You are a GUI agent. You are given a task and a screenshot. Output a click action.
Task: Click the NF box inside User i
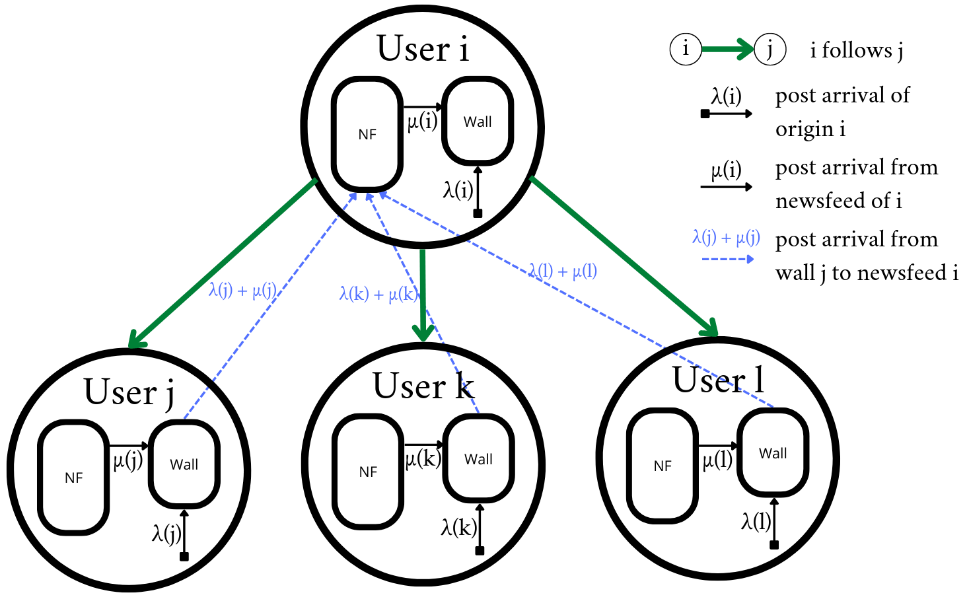pyautogui.click(x=367, y=134)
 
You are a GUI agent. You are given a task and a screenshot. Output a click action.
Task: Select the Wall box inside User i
pyautogui.click(x=478, y=122)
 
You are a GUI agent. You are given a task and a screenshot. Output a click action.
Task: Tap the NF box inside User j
pyautogui.click(x=73, y=477)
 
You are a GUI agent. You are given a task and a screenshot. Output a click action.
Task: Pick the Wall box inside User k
pyautogui.click(x=478, y=459)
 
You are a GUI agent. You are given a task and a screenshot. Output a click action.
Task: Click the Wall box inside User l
pyautogui.click(x=773, y=453)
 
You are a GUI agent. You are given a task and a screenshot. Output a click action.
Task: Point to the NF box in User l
pyautogui.click(x=663, y=466)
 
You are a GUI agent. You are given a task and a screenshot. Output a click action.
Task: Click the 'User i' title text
pyautogui.click(x=423, y=49)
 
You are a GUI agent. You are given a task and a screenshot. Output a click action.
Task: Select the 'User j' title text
pyautogui.click(x=129, y=392)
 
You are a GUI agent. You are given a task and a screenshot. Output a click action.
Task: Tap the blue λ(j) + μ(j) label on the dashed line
pyautogui.click(x=242, y=291)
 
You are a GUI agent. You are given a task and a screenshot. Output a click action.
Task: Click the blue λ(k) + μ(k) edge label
pyautogui.click(x=378, y=294)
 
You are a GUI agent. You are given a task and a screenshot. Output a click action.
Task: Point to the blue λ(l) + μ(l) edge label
pyautogui.click(x=562, y=271)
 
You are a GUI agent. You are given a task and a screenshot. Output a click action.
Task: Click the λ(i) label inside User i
pyautogui.click(x=458, y=190)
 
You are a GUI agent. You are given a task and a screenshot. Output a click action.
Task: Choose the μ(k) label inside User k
pyautogui.click(x=423, y=458)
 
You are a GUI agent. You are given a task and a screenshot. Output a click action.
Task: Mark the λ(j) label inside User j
pyautogui.click(x=166, y=532)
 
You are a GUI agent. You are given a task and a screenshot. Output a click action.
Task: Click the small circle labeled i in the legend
pyautogui.click(x=686, y=49)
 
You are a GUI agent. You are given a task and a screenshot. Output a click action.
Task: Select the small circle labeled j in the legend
pyautogui.click(x=770, y=49)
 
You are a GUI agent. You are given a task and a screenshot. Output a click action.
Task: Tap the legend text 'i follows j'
pyautogui.click(x=857, y=50)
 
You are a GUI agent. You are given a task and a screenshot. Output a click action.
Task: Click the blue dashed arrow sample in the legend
pyautogui.click(x=727, y=259)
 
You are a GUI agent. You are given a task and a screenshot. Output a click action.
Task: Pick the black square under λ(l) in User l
pyautogui.click(x=774, y=545)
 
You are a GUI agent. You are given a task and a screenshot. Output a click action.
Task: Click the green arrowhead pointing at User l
pyautogui.click(x=711, y=328)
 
